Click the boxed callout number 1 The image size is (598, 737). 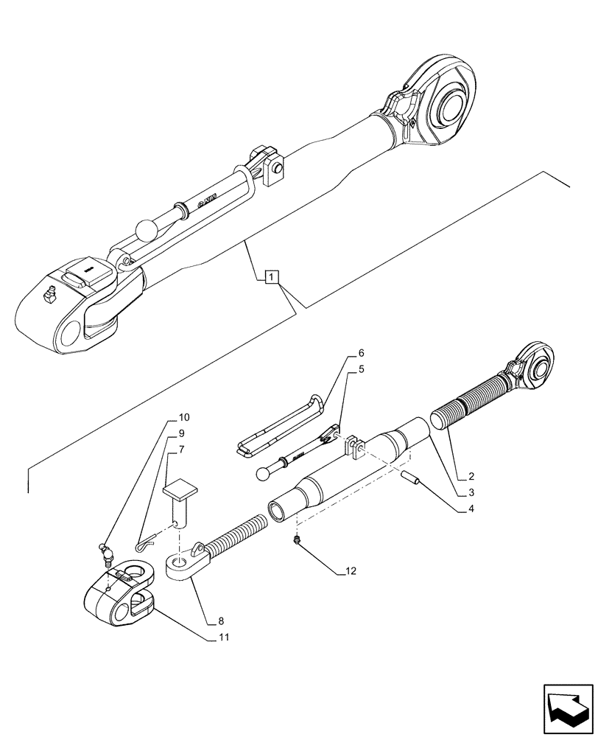coord(271,277)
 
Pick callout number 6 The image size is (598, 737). coord(362,353)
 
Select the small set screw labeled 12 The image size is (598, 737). coord(297,541)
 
